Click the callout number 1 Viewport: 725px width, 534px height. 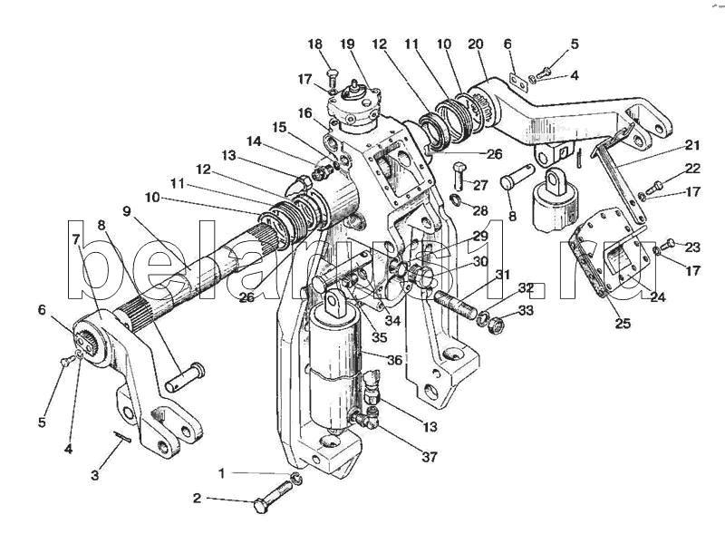222,472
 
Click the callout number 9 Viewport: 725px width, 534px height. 127,211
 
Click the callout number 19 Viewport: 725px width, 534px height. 348,44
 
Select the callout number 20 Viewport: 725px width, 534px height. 475,44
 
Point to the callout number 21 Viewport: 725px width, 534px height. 693,145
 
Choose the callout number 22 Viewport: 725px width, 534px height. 693,169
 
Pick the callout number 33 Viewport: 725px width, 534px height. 526,310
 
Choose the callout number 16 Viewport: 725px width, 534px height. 305,112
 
